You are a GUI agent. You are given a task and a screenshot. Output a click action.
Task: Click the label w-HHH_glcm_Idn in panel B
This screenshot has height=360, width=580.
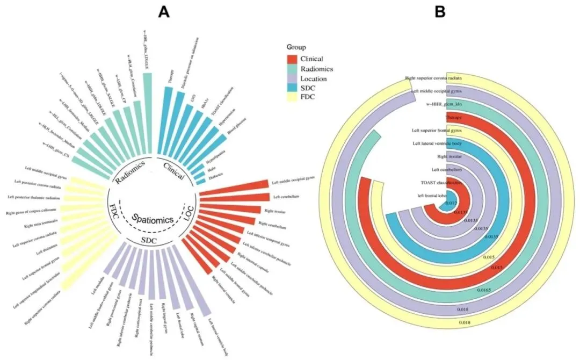pos(446,104)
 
